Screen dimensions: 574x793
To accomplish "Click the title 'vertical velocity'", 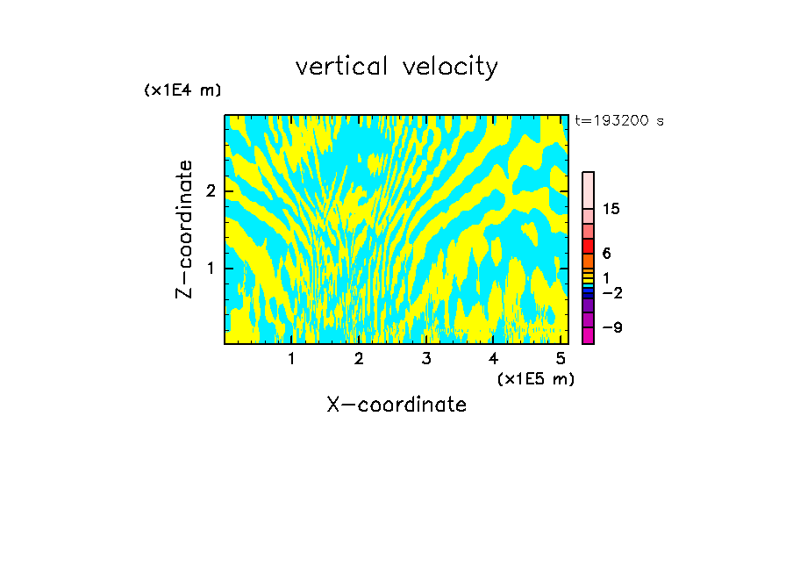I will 396,67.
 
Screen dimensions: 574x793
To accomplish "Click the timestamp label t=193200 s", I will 618,121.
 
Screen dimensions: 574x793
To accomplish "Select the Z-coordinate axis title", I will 184,229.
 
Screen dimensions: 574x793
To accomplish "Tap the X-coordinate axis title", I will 396,405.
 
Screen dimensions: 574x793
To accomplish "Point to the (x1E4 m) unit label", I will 182,90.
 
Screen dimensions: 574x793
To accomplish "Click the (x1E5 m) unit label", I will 535,378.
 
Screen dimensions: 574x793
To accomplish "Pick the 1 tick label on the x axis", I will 291,358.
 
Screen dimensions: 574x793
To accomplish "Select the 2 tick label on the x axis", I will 359,358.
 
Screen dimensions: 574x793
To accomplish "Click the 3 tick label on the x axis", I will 426,358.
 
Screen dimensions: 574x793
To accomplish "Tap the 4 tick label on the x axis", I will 493,358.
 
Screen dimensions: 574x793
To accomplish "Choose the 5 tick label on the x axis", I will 561,358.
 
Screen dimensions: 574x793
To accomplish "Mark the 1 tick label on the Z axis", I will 211,268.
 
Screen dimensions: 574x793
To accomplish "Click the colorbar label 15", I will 611,209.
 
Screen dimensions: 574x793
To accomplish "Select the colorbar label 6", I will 606,254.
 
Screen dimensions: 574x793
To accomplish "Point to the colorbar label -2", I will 611,292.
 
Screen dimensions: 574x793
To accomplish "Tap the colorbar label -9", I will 611,327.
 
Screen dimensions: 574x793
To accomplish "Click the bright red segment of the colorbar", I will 588,246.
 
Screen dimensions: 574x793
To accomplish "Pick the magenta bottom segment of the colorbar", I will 588,335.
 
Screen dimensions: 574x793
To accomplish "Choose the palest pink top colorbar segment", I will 588,190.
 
